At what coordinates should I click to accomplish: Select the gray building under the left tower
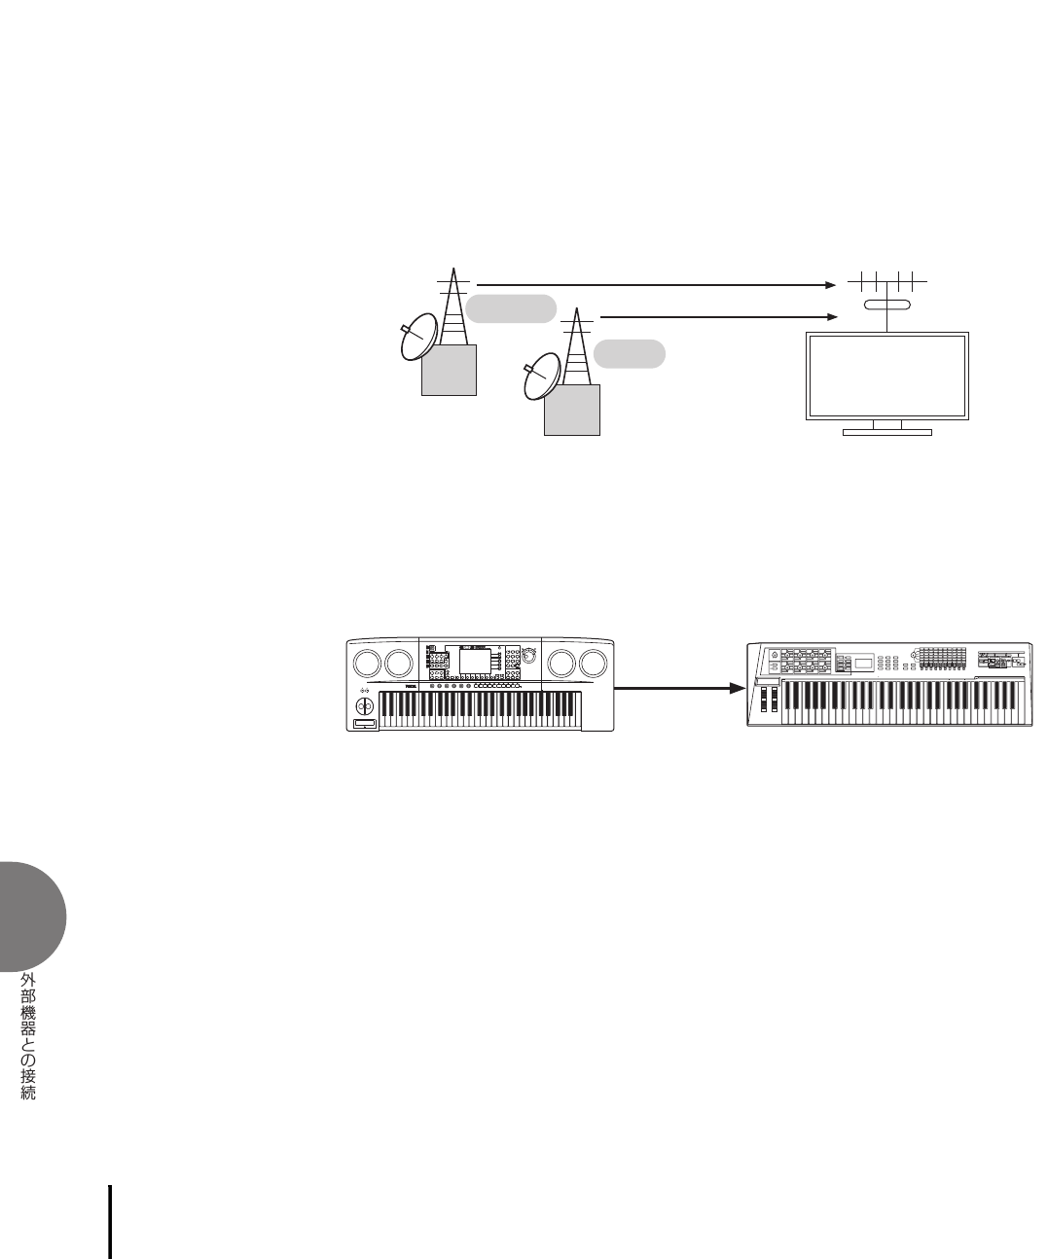tap(450, 369)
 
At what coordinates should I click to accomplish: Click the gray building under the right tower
tap(573, 409)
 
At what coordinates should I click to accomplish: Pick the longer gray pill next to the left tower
tap(511, 308)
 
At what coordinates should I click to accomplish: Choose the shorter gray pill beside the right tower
tap(630, 353)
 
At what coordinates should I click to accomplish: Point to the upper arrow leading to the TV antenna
tap(652, 285)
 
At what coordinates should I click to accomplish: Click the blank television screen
tap(886, 376)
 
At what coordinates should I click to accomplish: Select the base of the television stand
tap(886, 432)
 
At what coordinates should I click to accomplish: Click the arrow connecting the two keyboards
tap(674, 688)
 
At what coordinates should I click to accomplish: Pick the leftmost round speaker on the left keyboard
tap(367, 663)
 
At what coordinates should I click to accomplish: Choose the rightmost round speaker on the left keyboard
tap(592, 663)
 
